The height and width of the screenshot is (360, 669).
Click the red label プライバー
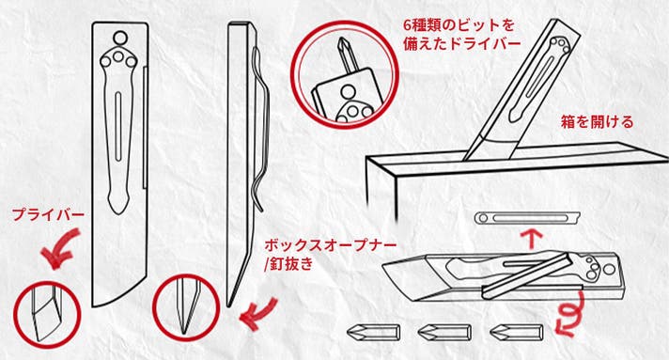pyautogui.click(x=48, y=215)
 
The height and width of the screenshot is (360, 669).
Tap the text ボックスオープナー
pyautogui.click(x=330, y=246)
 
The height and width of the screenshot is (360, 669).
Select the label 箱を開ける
pyautogui.click(x=597, y=122)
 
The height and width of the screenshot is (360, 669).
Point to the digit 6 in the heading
pyautogui.click(x=408, y=25)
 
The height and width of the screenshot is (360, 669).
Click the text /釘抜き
pyautogui.click(x=288, y=264)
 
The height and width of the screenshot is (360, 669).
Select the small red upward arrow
pyautogui.click(x=532, y=239)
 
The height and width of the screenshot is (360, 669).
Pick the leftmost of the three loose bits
pyautogui.click(x=373, y=332)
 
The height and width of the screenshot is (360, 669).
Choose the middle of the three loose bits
pyautogui.click(x=444, y=332)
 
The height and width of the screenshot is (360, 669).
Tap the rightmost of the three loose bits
pyautogui.click(x=516, y=332)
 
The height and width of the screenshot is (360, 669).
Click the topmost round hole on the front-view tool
pyautogui.click(x=119, y=38)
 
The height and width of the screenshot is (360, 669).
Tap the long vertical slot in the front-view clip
pyautogui.click(x=117, y=127)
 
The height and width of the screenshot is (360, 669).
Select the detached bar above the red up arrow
pyautogui.click(x=527, y=218)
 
